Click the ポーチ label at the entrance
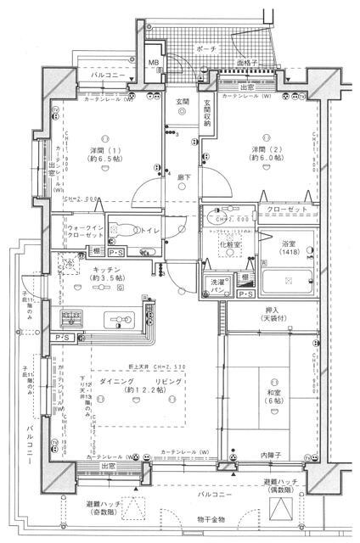[x=205, y=49]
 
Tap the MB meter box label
[x=155, y=63]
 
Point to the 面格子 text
[x=248, y=63]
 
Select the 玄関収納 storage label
[x=206, y=113]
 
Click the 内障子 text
[x=269, y=456]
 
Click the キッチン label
[x=110, y=270]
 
